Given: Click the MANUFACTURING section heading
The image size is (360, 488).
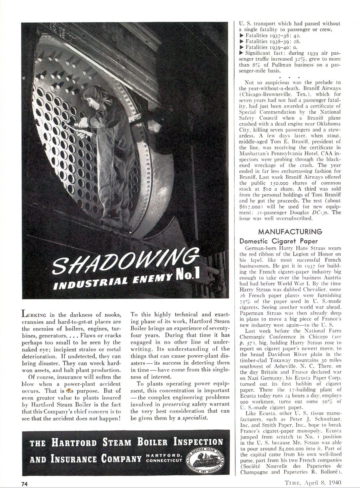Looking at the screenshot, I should [290, 232].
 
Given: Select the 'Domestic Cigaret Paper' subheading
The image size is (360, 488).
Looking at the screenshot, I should [279, 241].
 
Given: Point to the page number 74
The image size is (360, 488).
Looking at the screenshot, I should [25, 483].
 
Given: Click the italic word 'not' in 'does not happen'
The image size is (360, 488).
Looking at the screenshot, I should [93, 418].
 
